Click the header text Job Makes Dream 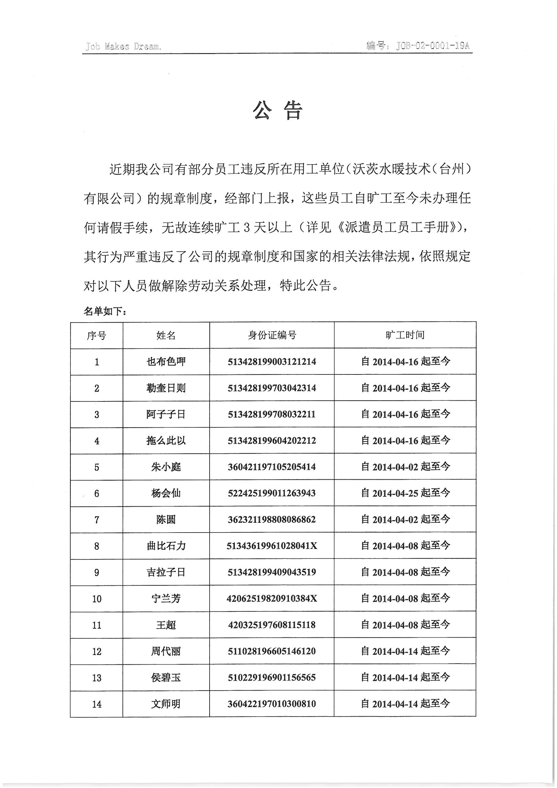click(123, 46)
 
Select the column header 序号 click(96, 335)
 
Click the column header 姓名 click(166, 335)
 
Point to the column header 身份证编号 click(272, 335)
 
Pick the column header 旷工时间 click(405, 335)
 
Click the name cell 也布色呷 click(166, 361)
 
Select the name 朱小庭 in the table click(166, 467)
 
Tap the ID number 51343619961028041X click(272, 546)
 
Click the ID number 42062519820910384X click(272, 599)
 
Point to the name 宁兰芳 click(166, 599)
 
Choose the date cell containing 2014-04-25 click(405, 493)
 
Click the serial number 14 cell click(97, 704)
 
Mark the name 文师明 click(166, 704)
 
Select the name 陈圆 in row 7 click(166, 520)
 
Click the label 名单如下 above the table click(105, 311)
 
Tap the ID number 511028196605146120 click(272, 651)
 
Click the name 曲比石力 click(166, 546)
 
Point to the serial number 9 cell click(97, 572)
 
